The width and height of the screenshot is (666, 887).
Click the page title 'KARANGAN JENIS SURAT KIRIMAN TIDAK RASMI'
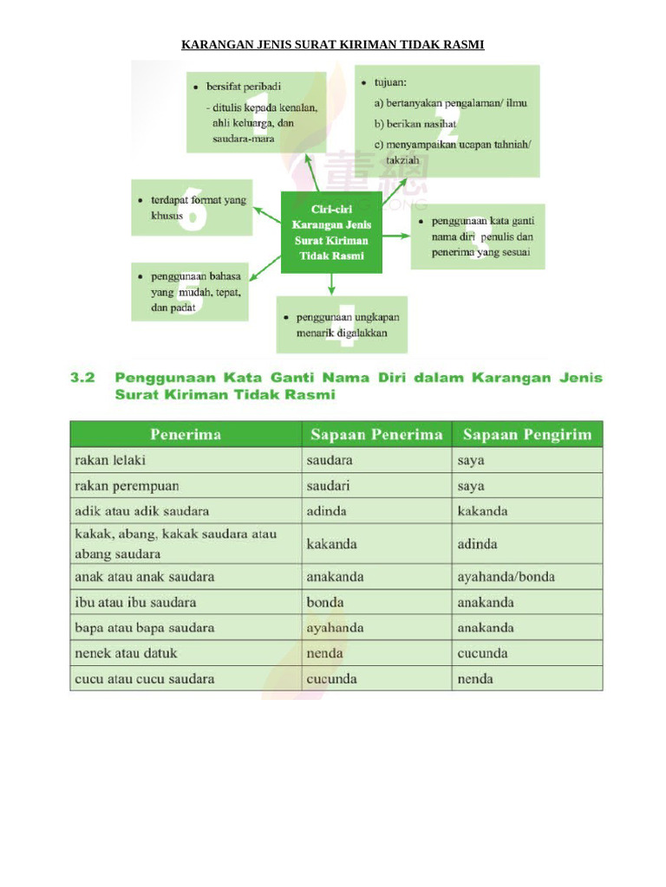coord(332,44)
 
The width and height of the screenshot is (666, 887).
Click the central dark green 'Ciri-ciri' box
coord(331,232)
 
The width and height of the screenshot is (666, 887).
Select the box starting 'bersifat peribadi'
coord(256,112)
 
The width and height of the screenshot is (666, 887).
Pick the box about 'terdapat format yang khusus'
coord(192,208)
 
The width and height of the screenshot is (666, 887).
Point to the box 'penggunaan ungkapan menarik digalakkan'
coord(342,325)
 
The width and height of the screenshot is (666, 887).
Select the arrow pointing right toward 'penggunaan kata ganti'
coord(395,235)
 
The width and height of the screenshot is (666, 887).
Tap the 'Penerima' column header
coord(185,434)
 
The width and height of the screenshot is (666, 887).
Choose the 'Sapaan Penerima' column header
coord(376,434)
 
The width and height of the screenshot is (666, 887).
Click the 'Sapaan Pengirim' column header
coord(527,434)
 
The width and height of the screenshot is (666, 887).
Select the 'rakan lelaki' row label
coord(110,460)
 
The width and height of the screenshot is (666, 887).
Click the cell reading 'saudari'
coord(329,486)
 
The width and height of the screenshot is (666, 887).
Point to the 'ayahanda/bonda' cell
coord(506,576)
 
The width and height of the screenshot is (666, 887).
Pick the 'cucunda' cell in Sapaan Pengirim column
coord(483,653)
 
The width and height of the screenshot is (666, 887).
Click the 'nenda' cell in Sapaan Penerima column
coord(324,653)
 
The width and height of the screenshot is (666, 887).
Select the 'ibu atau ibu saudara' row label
coord(135,602)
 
